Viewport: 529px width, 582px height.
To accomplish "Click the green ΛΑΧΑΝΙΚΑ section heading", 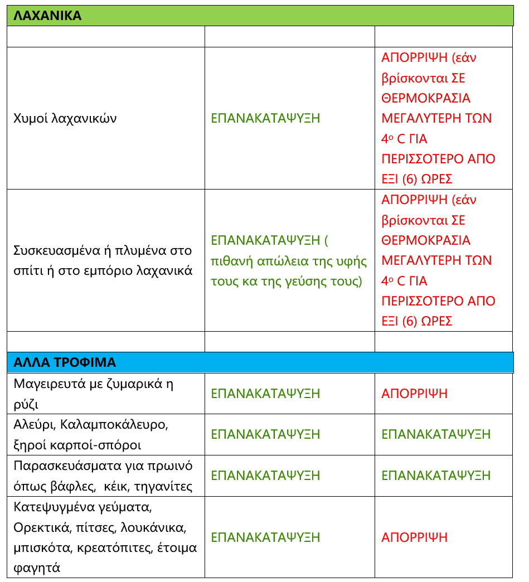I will pyautogui.click(x=47, y=16).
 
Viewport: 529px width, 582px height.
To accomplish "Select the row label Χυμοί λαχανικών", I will pyautogui.click(x=65, y=119).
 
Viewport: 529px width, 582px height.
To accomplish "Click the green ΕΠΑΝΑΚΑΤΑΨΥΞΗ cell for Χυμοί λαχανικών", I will pyautogui.click(x=265, y=119).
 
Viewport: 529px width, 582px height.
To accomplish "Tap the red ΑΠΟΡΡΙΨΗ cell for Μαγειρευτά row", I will pyautogui.click(x=414, y=394).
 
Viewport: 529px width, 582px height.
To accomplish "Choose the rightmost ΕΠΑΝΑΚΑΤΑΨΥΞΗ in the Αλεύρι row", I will pyautogui.click(x=436, y=434).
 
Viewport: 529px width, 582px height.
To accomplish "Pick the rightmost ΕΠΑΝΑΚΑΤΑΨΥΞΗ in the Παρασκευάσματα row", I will pyautogui.click(x=436, y=476).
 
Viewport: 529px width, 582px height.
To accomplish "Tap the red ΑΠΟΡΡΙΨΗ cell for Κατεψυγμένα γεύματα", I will pyautogui.click(x=414, y=537).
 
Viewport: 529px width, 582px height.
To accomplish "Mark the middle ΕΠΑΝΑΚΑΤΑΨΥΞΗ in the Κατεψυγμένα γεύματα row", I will pyautogui.click(x=265, y=537).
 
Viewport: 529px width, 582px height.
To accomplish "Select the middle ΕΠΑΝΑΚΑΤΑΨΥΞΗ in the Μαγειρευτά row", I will pyautogui.click(x=265, y=394).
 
